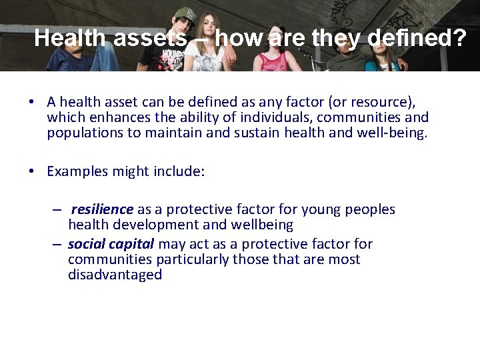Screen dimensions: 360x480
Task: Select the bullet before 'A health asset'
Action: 31,103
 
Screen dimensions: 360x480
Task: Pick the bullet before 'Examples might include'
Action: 31,172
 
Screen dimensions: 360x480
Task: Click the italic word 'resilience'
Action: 102,210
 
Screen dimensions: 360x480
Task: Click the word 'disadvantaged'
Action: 115,275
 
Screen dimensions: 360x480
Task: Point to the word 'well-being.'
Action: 395,133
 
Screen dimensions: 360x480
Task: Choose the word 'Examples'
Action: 74,171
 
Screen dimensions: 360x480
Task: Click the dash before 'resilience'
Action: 58,210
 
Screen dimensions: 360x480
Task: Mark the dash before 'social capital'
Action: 58,244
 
